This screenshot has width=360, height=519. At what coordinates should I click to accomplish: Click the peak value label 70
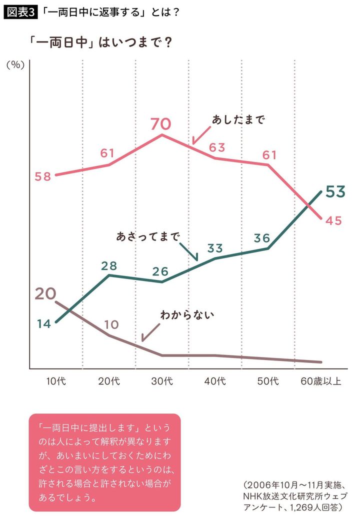click(162, 123)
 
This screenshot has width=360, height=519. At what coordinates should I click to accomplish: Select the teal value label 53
click(335, 192)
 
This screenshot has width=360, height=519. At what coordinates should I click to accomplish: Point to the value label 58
click(43, 176)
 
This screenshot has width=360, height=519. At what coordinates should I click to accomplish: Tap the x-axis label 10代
click(56, 381)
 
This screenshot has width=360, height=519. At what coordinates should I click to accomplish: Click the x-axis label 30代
click(162, 381)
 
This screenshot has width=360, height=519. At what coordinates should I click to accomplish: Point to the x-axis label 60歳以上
click(321, 381)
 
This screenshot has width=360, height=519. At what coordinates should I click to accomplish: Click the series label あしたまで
click(238, 120)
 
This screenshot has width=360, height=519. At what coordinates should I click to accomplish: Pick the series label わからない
click(187, 315)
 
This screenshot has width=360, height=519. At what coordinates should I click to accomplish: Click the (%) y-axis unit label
click(15, 65)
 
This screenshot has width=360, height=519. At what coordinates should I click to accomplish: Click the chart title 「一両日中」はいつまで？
click(101, 42)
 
